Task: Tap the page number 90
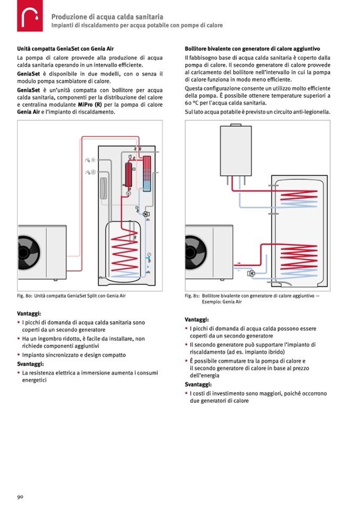click(x=20, y=497)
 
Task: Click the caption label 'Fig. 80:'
click(x=25, y=296)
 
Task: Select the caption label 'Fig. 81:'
click(x=192, y=296)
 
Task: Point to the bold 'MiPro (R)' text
click(x=90, y=105)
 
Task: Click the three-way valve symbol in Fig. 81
click(x=251, y=274)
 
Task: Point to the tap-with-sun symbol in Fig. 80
click(x=88, y=160)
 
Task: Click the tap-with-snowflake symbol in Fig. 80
click(x=89, y=172)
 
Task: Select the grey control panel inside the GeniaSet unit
click(x=103, y=185)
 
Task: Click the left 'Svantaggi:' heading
click(x=30, y=364)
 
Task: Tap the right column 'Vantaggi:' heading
click(x=197, y=320)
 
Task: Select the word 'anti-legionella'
click(x=313, y=113)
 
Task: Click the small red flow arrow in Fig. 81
click(x=238, y=263)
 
